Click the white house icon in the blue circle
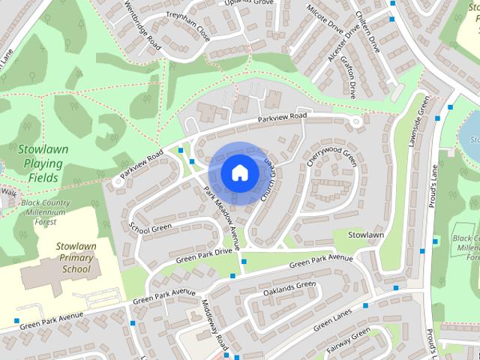[x=239, y=172]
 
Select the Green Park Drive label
[x=205, y=254]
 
